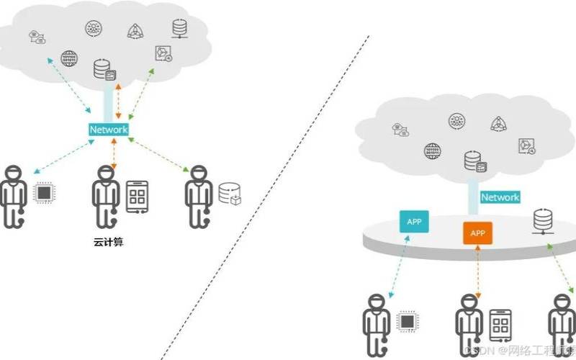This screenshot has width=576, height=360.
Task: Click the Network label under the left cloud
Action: (108, 130)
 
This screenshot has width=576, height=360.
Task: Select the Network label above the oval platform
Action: (500, 197)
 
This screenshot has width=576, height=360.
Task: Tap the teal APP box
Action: (414, 222)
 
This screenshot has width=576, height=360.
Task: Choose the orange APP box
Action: (477, 233)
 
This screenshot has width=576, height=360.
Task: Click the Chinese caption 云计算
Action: (109, 242)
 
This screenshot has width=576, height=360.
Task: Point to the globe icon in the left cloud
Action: (69, 58)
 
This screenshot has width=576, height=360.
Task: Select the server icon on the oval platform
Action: (543, 219)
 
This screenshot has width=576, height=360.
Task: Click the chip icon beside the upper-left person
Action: (45, 192)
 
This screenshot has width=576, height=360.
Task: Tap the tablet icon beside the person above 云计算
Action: (138, 196)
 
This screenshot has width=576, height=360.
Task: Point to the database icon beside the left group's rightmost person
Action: (230, 194)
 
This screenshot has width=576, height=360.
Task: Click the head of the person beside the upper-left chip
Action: (12, 173)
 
